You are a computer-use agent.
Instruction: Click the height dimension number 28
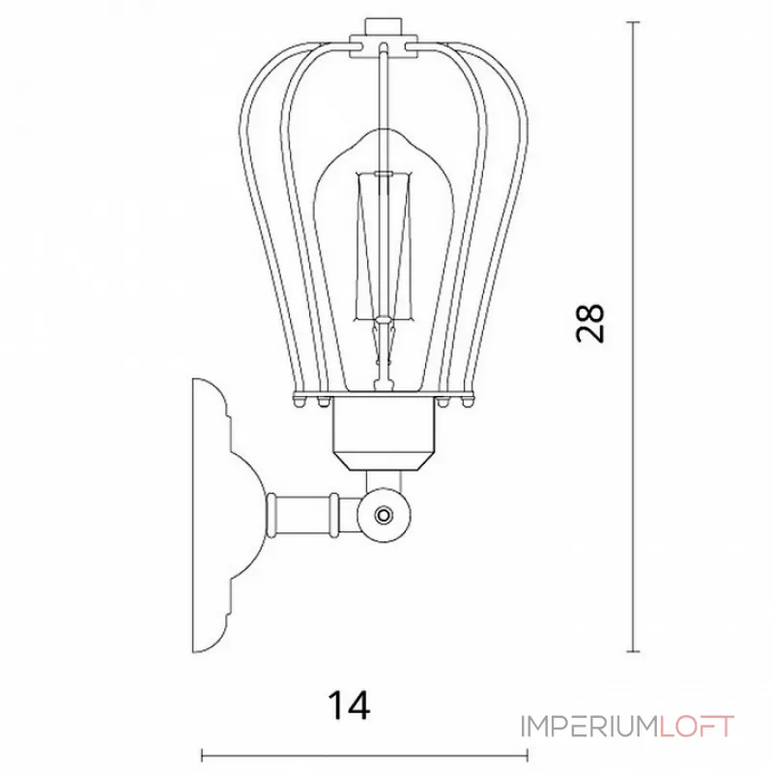[589, 324]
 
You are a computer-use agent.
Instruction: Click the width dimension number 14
[349, 705]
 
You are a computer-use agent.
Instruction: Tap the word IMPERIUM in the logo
[589, 727]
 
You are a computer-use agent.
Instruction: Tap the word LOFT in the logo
[697, 727]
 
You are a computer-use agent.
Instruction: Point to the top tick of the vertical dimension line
[633, 22]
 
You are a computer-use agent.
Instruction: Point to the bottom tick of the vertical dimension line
[633, 651]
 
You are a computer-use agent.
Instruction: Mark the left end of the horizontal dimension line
[203, 755]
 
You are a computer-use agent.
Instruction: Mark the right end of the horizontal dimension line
[528, 755]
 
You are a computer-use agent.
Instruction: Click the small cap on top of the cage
[382, 26]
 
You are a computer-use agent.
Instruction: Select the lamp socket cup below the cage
[384, 433]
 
